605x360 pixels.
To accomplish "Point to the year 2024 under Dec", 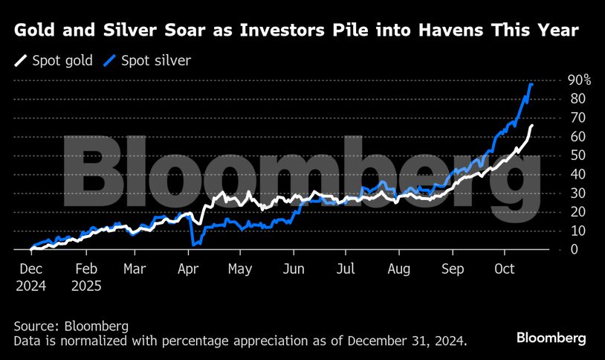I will coord(31,284).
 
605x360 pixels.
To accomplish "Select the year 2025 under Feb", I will coord(87,284).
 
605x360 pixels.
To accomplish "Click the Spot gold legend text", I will coord(63,60).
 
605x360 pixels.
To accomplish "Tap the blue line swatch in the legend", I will coord(112,60).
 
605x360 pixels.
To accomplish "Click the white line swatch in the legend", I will coord(22,60).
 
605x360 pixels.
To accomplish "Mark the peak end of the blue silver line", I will coord(531,85).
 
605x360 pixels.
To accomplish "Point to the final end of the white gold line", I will coord(532,126).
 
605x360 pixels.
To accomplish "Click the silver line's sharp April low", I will coord(193,243).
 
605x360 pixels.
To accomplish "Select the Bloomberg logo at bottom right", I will coord(551,338).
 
